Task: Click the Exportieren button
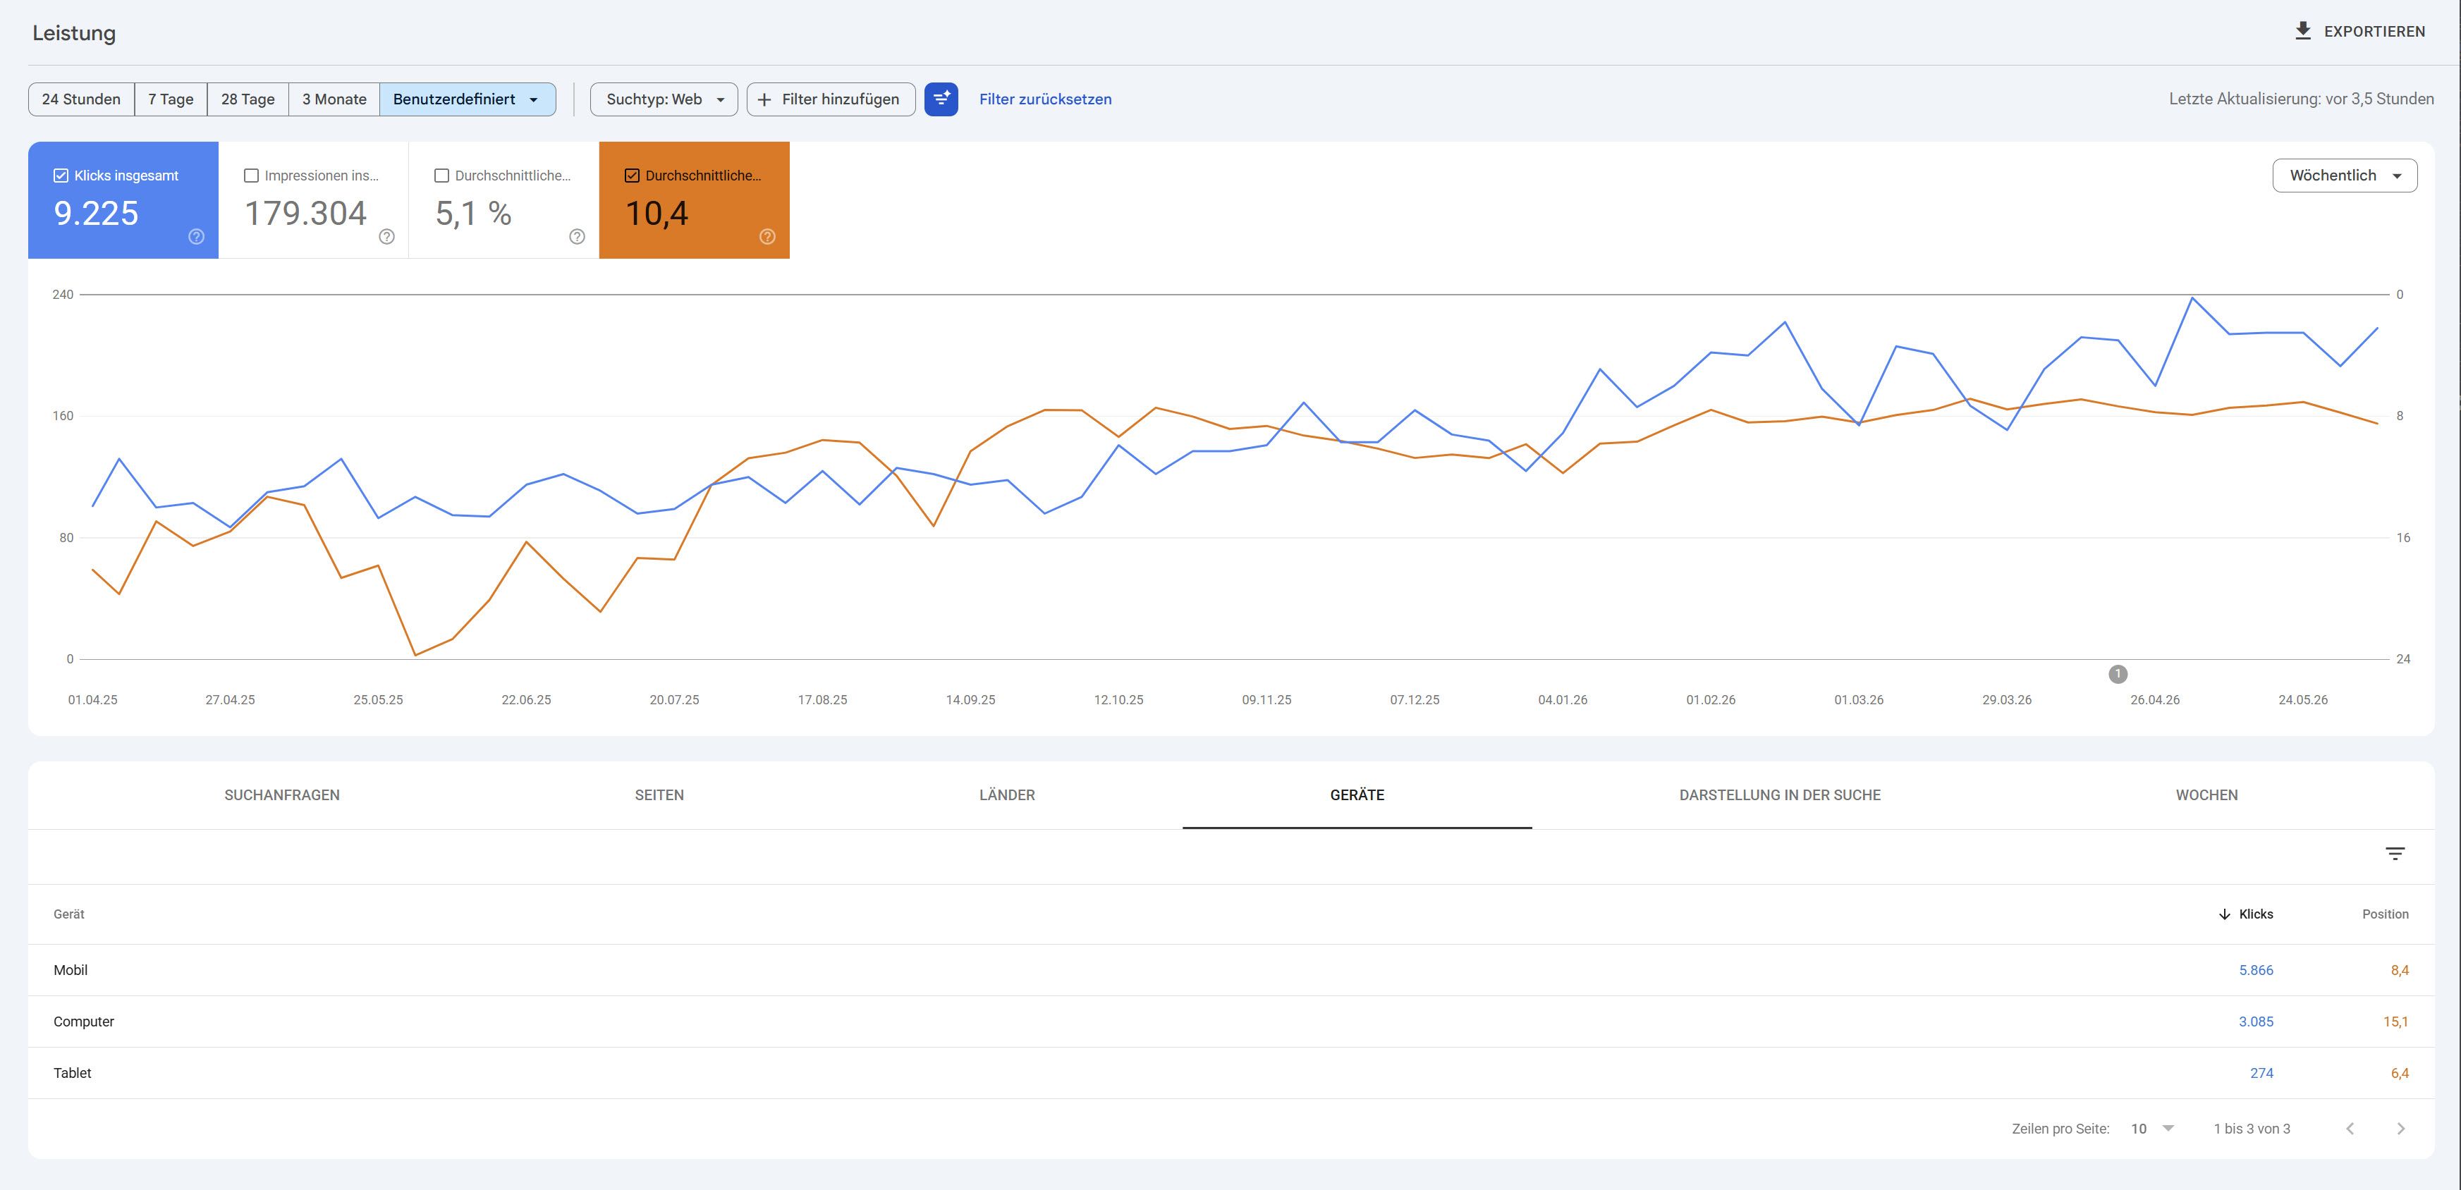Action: tap(2359, 32)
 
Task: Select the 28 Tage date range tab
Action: tap(248, 99)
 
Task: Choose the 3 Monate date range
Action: tap(334, 99)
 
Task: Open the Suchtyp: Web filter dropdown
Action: tap(664, 99)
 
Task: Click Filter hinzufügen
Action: tap(830, 99)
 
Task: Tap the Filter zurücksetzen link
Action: tap(1045, 99)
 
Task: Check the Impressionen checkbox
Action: tap(251, 176)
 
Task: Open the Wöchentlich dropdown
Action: tap(2345, 176)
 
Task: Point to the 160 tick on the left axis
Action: tap(63, 415)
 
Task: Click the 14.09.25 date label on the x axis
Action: tap(970, 700)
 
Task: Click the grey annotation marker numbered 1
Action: tap(2118, 674)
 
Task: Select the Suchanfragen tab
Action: tap(282, 795)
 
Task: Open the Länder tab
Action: tap(1007, 795)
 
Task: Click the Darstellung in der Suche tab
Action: tap(1780, 795)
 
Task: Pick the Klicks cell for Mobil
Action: tap(2256, 970)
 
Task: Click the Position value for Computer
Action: tap(2395, 1022)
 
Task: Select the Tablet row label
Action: tap(73, 1074)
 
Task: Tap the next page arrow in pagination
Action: tap(2401, 1129)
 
